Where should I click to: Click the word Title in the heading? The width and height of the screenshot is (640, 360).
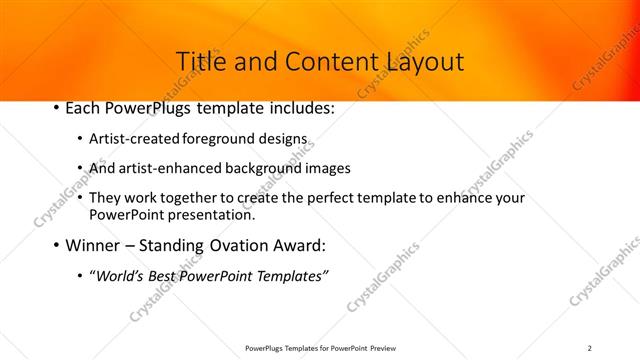[x=198, y=62]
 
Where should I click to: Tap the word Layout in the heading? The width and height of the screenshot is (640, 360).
[x=421, y=62]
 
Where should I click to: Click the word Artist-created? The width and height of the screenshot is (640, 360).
[x=134, y=140]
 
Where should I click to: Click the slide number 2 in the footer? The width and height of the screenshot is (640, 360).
[x=590, y=347]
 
